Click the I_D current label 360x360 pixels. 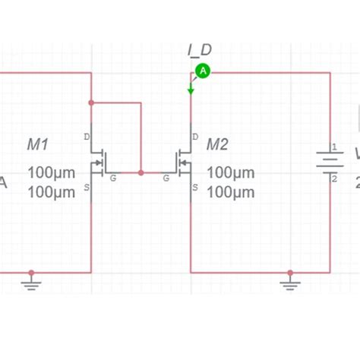click(x=200, y=50)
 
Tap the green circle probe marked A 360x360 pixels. click(x=203, y=71)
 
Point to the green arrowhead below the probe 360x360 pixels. click(x=191, y=90)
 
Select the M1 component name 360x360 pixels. click(x=38, y=144)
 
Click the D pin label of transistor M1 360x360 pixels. click(x=86, y=137)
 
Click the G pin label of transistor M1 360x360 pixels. click(x=113, y=178)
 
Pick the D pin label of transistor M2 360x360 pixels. click(x=196, y=137)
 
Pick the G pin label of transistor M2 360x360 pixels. click(x=166, y=178)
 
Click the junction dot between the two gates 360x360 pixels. click(x=141, y=172)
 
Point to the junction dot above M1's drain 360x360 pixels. click(x=91, y=102)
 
